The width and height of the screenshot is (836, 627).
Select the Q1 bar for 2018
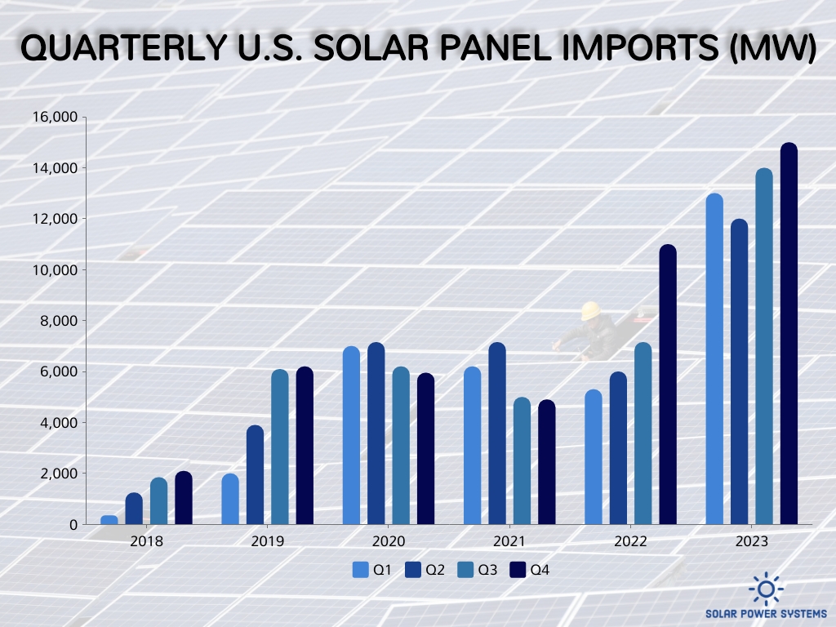(x=109, y=519)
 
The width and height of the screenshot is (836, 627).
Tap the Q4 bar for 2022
(x=668, y=384)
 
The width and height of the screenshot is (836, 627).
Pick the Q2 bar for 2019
(x=255, y=474)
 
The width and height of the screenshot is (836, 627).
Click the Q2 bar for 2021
(x=497, y=433)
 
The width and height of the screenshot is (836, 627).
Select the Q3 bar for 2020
(x=401, y=445)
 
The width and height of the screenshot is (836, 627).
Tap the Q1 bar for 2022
(x=594, y=456)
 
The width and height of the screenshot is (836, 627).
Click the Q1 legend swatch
(x=361, y=570)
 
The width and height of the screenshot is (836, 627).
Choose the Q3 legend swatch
(x=465, y=570)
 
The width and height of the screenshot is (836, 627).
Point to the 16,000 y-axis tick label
(x=55, y=118)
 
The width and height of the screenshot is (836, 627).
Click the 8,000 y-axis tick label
(x=59, y=321)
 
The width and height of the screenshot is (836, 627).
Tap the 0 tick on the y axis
(x=73, y=524)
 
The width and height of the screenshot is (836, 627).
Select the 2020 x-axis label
(x=389, y=541)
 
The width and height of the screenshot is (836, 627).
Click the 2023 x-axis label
(x=751, y=541)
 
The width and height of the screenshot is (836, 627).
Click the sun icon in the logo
(x=766, y=588)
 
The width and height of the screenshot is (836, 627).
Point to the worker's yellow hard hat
(x=589, y=311)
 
